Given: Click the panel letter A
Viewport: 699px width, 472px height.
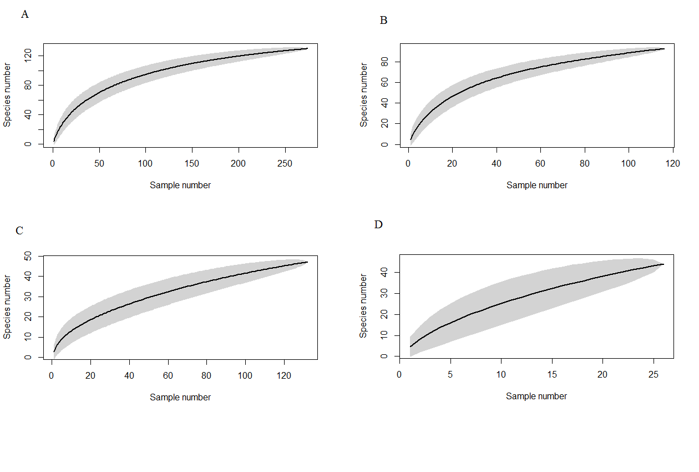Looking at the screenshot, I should pyautogui.click(x=24, y=14).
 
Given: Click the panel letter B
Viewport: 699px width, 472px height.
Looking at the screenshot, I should pyautogui.click(x=383, y=21).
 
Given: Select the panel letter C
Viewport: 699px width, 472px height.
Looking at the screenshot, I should pyautogui.click(x=19, y=230).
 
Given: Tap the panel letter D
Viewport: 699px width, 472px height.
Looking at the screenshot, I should pyautogui.click(x=379, y=224).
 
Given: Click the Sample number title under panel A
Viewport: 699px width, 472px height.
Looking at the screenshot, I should pyautogui.click(x=180, y=185).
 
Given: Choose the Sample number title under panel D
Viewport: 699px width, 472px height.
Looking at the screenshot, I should pyautogui.click(x=536, y=396).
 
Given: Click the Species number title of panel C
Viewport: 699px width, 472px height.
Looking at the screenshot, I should pyautogui.click(x=7, y=307).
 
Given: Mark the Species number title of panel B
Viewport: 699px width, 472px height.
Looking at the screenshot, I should pyautogui.click(x=364, y=95).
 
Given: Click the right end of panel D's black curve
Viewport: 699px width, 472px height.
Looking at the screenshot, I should pyautogui.click(x=663, y=264).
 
